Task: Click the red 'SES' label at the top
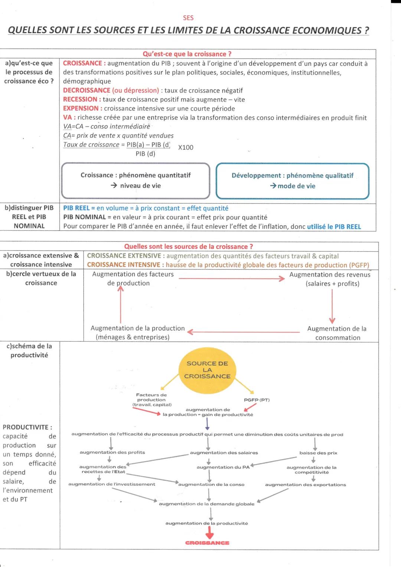pyautogui.click(x=188, y=18)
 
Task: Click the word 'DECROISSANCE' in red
pyautogui.click(x=87, y=90)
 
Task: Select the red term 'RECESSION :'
pyautogui.click(x=82, y=99)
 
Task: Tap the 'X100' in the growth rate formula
pyautogui.click(x=186, y=148)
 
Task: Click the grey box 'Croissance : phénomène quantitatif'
pyautogui.click(x=136, y=181)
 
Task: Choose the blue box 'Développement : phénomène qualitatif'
pyautogui.click(x=293, y=181)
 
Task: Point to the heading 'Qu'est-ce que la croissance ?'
pyautogui.click(x=187, y=54)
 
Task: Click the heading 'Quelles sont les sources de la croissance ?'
pyautogui.click(x=189, y=246)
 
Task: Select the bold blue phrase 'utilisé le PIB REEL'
pyautogui.click(x=334, y=227)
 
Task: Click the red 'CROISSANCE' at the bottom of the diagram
pyautogui.click(x=207, y=543)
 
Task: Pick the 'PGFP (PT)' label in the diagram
pyautogui.click(x=257, y=400)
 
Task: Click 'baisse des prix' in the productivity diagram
pyautogui.click(x=318, y=453)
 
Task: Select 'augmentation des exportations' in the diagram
pyautogui.click(x=306, y=485)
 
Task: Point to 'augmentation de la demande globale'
pyautogui.click(x=206, y=504)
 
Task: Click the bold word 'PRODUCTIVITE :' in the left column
pyautogui.click(x=27, y=427)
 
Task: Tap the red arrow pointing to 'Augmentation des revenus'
pyautogui.click(x=231, y=279)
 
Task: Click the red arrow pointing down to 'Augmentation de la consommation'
pyautogui.click(x=332, y=305)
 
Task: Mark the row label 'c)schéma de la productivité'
pyautogui.click(x=29, y=350)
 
